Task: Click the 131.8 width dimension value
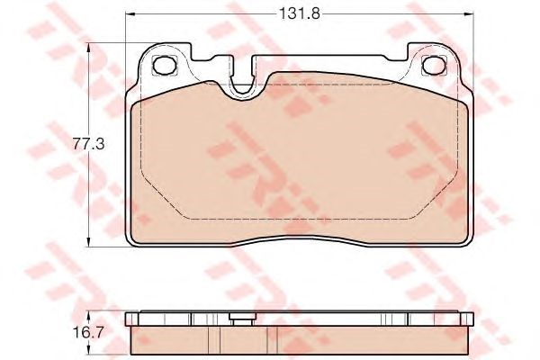[x=300, y=14]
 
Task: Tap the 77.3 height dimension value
[x=88, y=144]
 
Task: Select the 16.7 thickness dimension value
[x=88, y=332]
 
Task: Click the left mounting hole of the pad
[x=165, y=65]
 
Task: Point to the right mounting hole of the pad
[x=434, y=65]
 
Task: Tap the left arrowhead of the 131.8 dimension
[x=130, y=14]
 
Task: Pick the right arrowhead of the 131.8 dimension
[x=469, y=14]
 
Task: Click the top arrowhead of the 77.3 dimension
[x=89, y=48]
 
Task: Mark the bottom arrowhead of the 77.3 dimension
[x=89, y=242]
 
